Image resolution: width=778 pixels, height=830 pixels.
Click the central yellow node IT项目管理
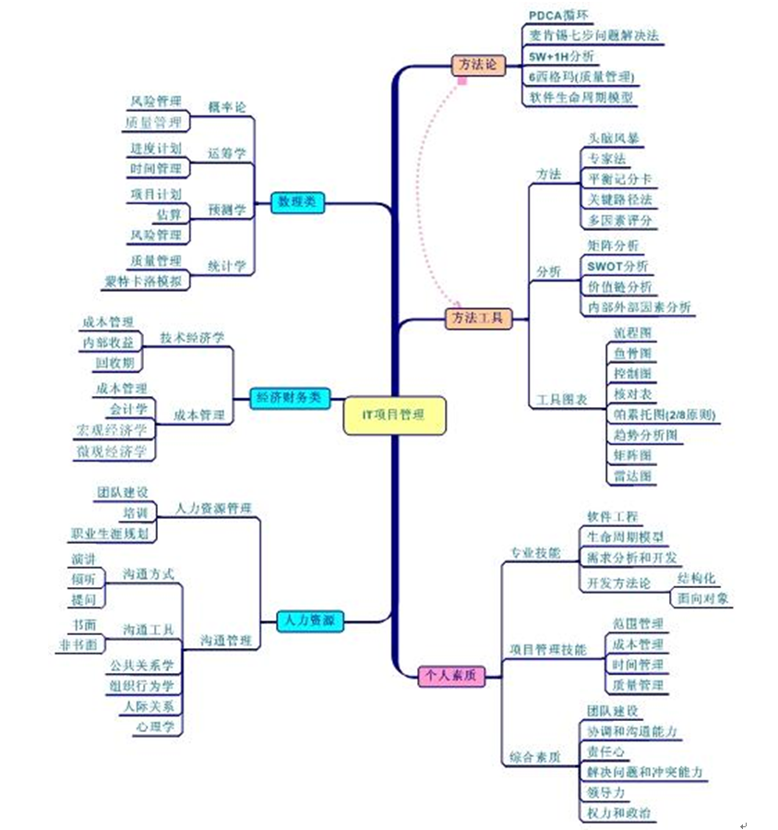394,415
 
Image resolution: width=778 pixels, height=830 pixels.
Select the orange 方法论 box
478,65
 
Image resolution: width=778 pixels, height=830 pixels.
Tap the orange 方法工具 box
478,318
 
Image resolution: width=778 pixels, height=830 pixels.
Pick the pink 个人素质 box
450,676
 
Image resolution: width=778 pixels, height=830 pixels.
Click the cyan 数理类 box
297,202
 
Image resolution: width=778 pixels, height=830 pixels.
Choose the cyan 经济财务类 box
290,398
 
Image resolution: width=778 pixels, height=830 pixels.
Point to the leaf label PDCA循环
558,16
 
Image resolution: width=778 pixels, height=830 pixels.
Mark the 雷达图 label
632,476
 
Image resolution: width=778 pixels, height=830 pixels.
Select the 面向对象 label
703,598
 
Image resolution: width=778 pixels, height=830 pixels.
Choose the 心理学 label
155,728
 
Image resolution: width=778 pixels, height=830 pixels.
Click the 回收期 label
114,362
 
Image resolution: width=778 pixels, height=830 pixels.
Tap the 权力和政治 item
618,813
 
